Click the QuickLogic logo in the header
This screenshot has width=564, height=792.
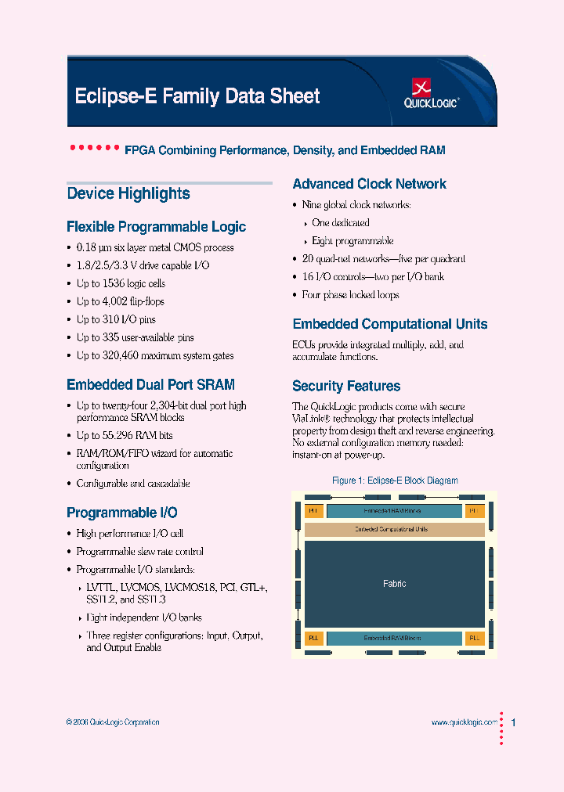click(431, 93)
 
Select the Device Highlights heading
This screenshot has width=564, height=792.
click(128, 193)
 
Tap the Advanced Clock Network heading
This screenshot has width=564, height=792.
click(369, 184)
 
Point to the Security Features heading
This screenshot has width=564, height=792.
click(346, 386)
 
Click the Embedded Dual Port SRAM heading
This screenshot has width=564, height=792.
click(150, 384)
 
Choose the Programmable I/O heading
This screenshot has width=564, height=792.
click(122, 513)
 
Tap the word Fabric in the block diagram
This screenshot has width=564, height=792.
click(395, 584)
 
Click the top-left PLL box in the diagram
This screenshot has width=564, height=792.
click(313, 511)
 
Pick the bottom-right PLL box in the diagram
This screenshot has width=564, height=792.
click(475, 639)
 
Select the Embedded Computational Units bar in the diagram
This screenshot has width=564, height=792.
click(394, 530)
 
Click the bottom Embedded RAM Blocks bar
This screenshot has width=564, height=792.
click(393, 639)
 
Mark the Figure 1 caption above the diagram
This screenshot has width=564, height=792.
click(395, 481)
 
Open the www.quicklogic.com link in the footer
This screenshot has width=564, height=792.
click(464, 722)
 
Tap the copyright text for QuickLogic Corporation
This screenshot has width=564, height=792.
click(113, 722)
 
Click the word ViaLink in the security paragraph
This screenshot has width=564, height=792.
click(307, 419)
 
